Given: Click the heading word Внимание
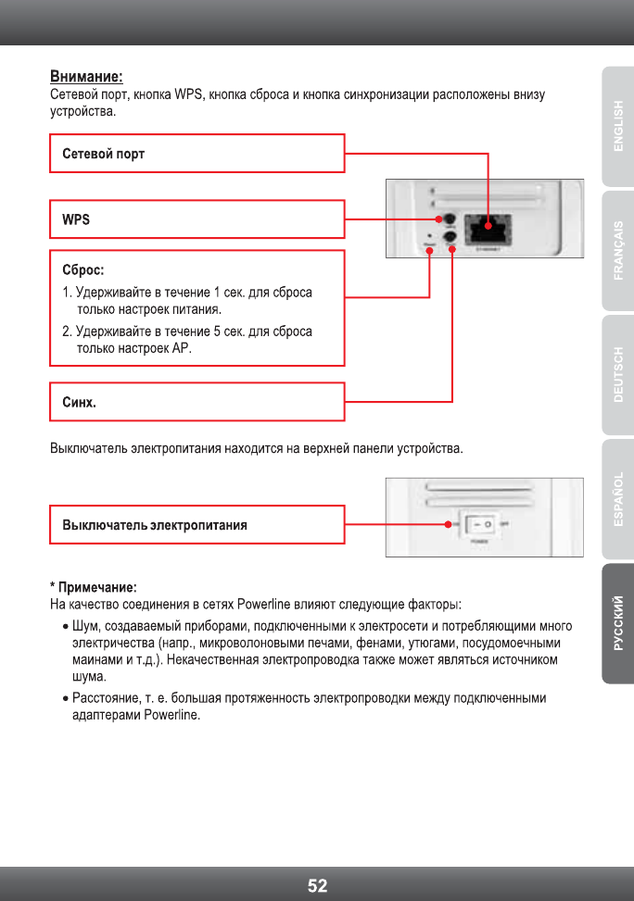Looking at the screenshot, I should pyautogui.click(x=85, y=76).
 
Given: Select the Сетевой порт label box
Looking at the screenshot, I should pyautogui.click(x=197, y=153).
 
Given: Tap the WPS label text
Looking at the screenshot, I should pyautogui.click(x=76, y=219).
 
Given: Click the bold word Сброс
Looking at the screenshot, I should pyautogui.click(x=82, y=271).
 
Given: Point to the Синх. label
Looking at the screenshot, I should pyautogui.click(x=79, y=403).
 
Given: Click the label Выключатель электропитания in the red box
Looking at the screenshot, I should pyautogui.click(x=154, y=525).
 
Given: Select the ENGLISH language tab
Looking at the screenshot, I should pyautogui.click(x=617, y=126).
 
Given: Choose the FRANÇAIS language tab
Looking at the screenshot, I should pyautogui.click(x=617, y=251).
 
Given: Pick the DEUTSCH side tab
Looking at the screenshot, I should pyautogui.click(x=617, y=375).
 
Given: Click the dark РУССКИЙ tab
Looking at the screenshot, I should pyautogui.click(x=617, y=623).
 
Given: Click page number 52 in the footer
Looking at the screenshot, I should pyautogui.click(x=317, y=885).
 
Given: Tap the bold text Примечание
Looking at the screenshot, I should pyautogui.click(x=96, y=587).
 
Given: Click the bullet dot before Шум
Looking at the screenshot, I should pyautogui.click(x=63, y=627).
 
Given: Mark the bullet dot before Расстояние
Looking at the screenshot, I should pyautogui.click(x=63, y=698).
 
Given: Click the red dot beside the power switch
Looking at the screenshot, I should pyautogui.click(x=448, y=525).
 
